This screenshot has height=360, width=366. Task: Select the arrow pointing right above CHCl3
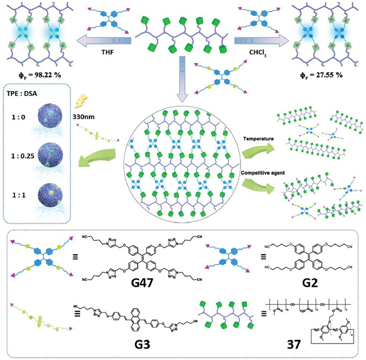tap(261, 39)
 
